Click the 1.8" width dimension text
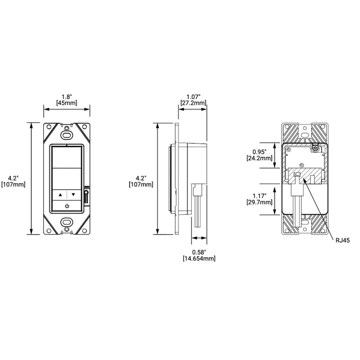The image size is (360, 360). pos(66,96)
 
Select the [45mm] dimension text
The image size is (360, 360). pos(66,103)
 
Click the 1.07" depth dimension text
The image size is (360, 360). pos(194,96)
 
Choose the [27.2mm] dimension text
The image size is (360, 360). pos(194,103)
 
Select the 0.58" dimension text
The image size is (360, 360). pos(199,252)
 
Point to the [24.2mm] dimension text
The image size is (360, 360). pos(260,158)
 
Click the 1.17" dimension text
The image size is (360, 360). pos(260,195)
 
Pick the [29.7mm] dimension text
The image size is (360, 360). pos(260,203)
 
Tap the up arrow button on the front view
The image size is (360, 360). pos(60,195)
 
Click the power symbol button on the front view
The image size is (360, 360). pos(66,206)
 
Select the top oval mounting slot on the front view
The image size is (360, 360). pos(66,134)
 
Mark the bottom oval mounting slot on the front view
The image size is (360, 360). pos(66,223)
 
